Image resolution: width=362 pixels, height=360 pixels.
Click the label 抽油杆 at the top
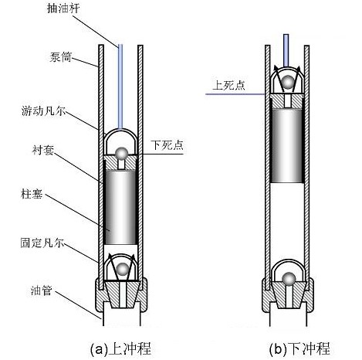(63, 8)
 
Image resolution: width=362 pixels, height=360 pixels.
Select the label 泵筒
(60, 57)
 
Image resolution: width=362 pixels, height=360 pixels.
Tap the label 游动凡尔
(43, 111)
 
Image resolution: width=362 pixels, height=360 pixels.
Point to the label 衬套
(43, 150)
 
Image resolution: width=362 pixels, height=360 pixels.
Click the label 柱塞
(32, 194)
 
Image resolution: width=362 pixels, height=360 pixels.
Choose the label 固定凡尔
(42, 243)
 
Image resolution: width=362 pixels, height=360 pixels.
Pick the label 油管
(41, 290)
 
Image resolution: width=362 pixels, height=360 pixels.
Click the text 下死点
(167, 145)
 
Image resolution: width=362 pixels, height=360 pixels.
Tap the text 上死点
(228, 85)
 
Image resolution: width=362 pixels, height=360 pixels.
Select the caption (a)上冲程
(120, 349)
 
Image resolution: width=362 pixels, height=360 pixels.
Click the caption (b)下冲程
(299, 349)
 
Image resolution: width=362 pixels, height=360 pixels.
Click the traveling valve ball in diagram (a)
(121, 154)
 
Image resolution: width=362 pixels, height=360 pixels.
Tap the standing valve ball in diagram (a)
(123, 269)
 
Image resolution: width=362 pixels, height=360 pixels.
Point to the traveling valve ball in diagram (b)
(288, 82)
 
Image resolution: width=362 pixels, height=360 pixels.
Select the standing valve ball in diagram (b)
(289, 279)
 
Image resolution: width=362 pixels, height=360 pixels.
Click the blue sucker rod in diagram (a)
(120, 87)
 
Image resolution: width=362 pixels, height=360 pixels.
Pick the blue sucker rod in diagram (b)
(286, 50)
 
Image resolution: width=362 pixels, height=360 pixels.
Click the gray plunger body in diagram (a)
(120, 207)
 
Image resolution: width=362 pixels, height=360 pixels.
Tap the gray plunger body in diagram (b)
(287, 146)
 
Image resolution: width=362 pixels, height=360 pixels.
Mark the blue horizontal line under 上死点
(235, 94)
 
